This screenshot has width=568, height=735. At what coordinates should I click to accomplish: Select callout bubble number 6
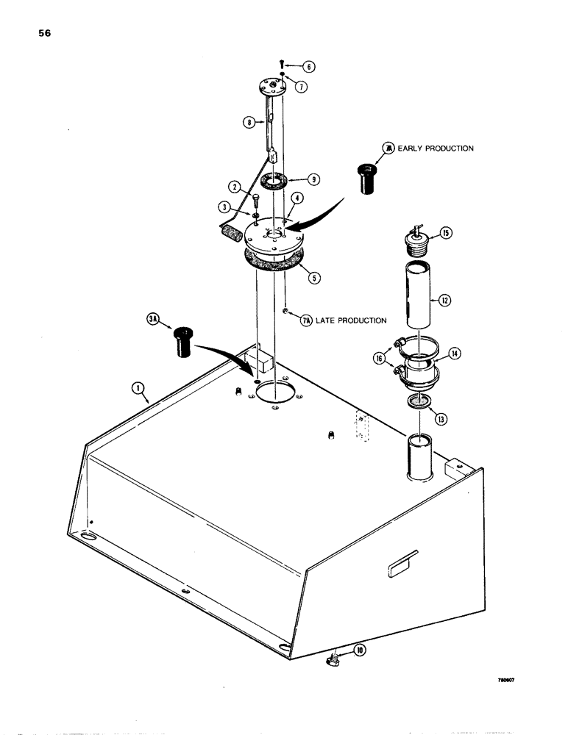pyautogui.click(x=308, y=67)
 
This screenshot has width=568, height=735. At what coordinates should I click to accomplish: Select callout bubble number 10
pyautogui.click(x=360, y=650)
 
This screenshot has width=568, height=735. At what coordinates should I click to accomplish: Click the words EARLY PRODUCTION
pyautogui.click(x=436, y=148)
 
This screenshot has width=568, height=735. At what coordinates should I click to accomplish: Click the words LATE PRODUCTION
pyautogui.click(x=352, y=320)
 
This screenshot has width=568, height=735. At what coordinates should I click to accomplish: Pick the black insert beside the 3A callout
pyautogui.click(x=185, y=344)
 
